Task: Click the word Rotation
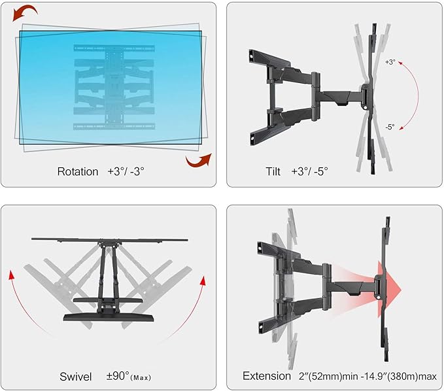78,171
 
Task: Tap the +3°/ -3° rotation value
126,171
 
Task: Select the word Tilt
273,171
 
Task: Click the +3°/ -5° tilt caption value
310,171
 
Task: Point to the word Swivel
76,377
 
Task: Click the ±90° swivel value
118,376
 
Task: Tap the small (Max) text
141,378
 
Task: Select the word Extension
267,376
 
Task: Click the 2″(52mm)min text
328,377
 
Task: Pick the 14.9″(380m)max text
401,377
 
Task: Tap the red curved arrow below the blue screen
199,160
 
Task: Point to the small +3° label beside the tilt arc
390,62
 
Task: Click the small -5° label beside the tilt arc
390,127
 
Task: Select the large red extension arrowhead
389,290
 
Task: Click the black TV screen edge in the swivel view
109,240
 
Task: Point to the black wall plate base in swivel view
109,318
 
